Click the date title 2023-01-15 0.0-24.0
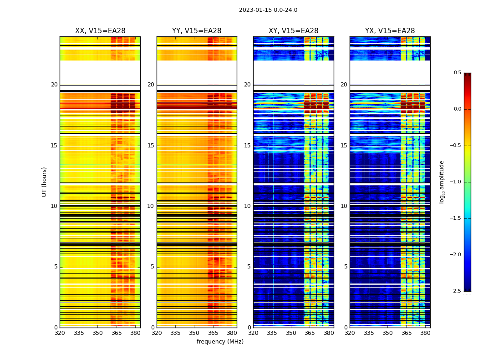(x=268, y=10)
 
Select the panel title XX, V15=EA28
(x=100, y=31)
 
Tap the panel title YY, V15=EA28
(x=197, y=31)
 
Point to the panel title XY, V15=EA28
(x=293, y=31)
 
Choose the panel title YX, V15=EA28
(x=390, y=31)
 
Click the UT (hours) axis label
(x=45, y=182)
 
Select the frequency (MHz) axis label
(x=220, y=342)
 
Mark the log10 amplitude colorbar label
(x=442, y=182)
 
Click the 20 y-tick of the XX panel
(x=54, y=85)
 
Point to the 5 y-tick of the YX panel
(x=346, y=267)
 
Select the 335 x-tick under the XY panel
(x=272, y=333)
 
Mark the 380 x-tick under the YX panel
(x=425, y=333)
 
